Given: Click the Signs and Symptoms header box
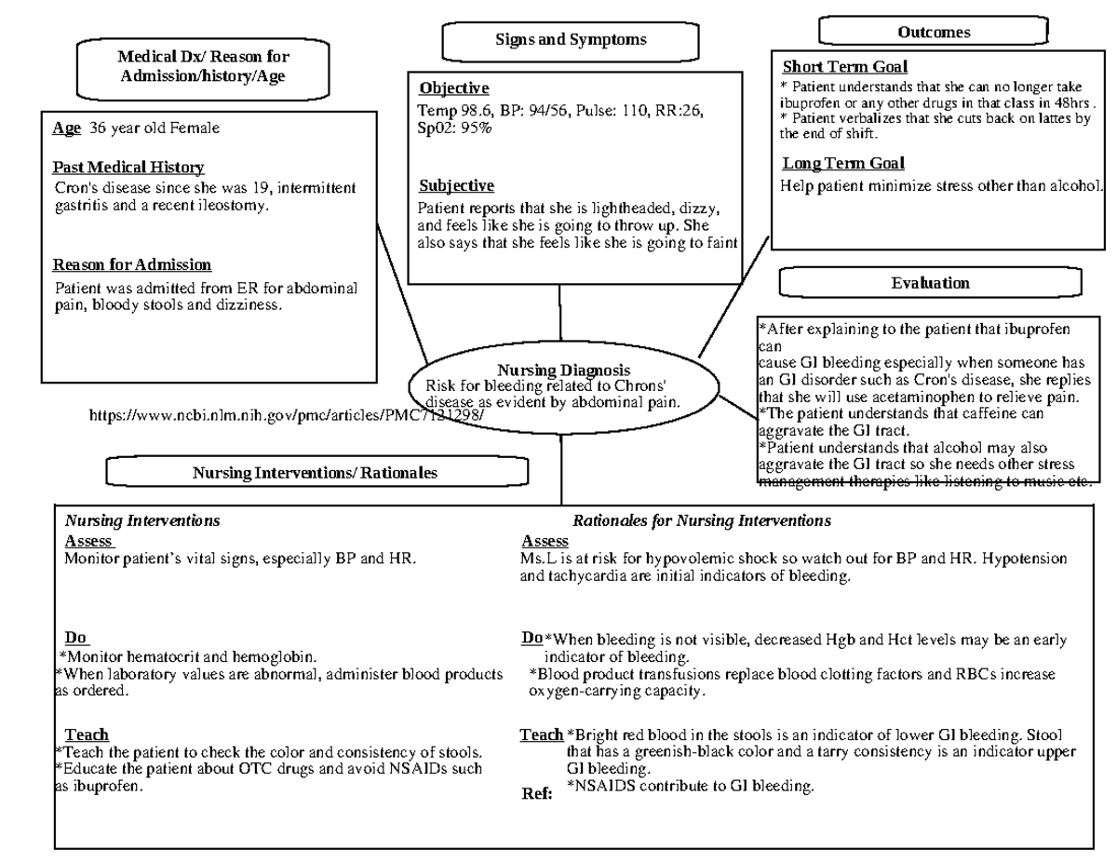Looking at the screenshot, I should pos(570,40).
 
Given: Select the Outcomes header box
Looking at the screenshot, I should pos(934,33).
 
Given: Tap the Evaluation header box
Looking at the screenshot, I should pos(930,283).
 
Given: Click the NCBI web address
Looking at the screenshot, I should pos(287,415).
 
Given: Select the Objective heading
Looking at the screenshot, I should pos(453,89).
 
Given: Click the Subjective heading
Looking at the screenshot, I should pos(456,186).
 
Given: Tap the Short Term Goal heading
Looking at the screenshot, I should pos(844,67).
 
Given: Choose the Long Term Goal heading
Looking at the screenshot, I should pos(843,165).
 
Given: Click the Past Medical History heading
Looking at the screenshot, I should pos(128,168).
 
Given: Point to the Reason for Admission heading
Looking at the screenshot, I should pos(132,265).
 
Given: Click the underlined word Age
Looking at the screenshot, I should pos(66,128).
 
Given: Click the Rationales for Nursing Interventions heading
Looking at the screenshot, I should pos(702,521).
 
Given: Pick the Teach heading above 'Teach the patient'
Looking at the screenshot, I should pos(87,735).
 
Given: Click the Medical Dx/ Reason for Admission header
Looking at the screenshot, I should pos(203,67).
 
